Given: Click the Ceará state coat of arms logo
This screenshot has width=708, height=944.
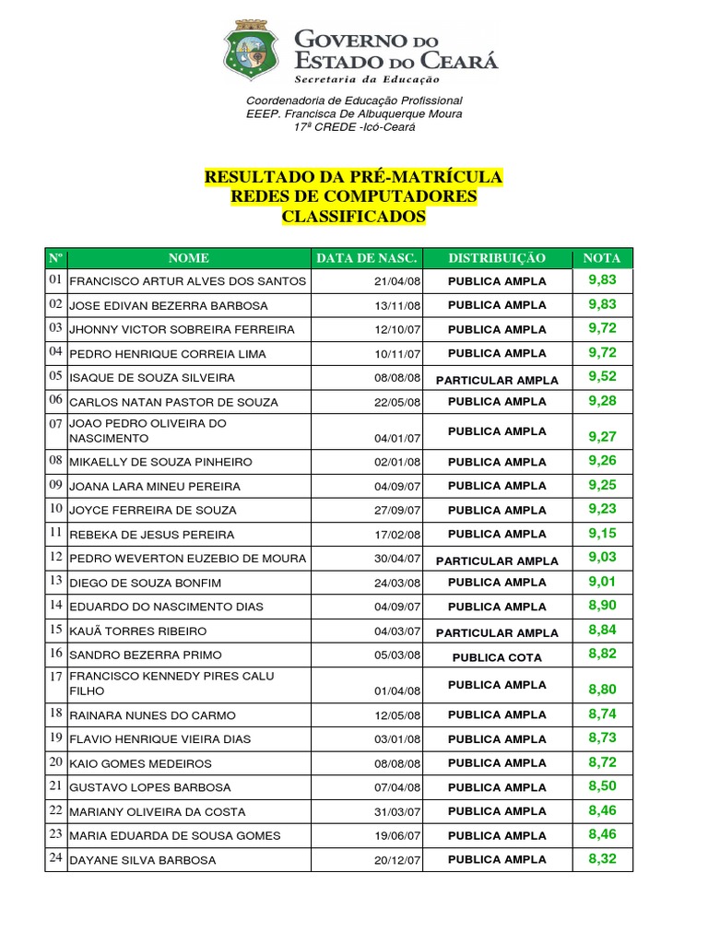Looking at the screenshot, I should [248, 51].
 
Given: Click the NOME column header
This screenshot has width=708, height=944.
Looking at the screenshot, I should [188, 258].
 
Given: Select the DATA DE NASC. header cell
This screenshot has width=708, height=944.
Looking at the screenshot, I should [367, 258].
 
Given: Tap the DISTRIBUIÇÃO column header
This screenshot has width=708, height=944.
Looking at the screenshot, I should [497, 258].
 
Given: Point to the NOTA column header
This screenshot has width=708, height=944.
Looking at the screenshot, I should [602, 258].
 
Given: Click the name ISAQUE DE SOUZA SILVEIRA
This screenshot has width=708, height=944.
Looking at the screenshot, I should [152, 378].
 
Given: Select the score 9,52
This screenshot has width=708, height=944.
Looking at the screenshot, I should [602, 376].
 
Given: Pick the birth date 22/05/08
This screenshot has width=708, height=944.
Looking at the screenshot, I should [397, 402].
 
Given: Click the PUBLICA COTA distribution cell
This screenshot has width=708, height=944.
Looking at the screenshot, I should [497, 657].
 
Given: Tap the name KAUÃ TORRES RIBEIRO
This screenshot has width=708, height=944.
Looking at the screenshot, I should [138, 631].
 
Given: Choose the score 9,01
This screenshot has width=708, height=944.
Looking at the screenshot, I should [602, 581].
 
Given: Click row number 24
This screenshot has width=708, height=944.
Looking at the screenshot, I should [55, 858].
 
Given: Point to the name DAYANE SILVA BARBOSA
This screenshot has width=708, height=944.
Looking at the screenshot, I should [143, 860].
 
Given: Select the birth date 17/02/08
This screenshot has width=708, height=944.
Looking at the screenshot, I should [397, 535].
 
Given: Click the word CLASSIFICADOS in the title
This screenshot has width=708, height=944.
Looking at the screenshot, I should [354, 217].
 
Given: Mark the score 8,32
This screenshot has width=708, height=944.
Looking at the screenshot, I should [602, 858].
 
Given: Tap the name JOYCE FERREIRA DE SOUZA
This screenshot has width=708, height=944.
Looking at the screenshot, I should [153, 511].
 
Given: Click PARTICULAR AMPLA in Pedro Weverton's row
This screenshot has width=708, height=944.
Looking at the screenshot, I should [497, 560].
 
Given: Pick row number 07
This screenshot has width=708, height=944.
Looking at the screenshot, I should [55, 423].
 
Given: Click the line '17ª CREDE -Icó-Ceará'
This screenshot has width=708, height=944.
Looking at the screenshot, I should [354, 126].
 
